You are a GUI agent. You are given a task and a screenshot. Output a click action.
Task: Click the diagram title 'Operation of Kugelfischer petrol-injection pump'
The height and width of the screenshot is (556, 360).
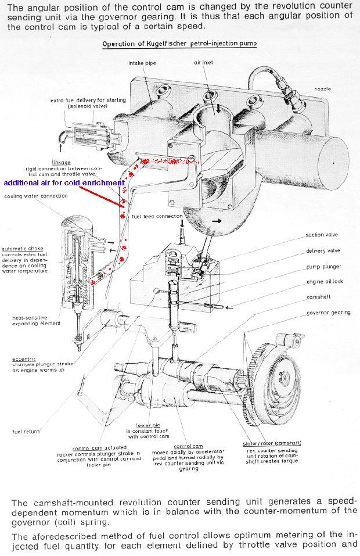click(179, 44)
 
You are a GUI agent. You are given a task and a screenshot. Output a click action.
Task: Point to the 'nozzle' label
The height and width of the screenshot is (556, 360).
click(322, 88)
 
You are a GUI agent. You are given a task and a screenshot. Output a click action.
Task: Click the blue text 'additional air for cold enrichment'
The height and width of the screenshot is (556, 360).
click(64, 182)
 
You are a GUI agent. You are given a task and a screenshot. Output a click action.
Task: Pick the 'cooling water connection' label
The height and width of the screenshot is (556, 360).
click(36, 196)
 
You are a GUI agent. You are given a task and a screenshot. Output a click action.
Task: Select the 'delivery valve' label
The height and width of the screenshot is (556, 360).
click(323, 251)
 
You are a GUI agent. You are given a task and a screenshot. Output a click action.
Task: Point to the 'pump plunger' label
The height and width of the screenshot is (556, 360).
click(323, 267)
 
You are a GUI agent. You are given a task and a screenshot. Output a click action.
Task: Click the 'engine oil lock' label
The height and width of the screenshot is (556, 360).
click(324, 282)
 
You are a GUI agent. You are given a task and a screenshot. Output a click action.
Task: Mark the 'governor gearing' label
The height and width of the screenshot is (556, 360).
click(329, 313)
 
